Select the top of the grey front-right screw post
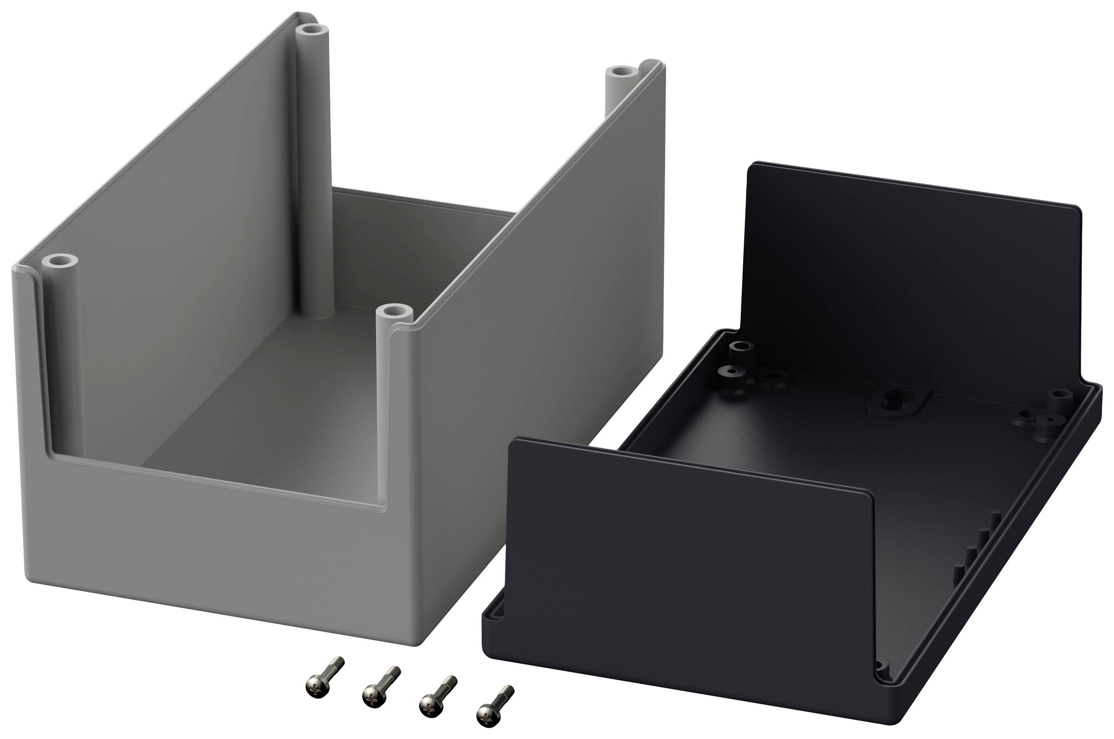(395, 312)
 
